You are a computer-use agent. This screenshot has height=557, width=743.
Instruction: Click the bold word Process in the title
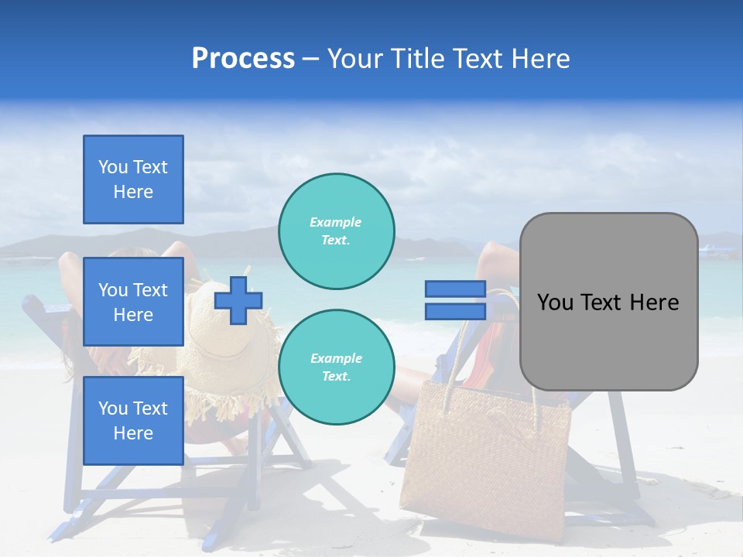(243, 59)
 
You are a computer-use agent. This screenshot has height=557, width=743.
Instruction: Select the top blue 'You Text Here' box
(133, 179)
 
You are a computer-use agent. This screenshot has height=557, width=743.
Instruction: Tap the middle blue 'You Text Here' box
(133, 302)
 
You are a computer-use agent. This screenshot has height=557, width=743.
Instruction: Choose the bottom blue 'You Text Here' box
(133, 420)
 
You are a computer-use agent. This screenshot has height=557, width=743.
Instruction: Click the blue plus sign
(238, 300)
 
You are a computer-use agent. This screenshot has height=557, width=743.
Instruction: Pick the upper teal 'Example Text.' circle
(336, 231)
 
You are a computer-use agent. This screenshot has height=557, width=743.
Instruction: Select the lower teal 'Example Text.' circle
(336, 367)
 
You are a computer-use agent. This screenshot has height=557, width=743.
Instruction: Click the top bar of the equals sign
(455, 289)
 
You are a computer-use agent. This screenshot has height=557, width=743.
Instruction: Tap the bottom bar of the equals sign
(455, 311)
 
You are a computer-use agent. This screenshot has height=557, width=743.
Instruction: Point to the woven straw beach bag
(488, 464)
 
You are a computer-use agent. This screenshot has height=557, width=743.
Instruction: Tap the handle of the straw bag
(464, 340)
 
